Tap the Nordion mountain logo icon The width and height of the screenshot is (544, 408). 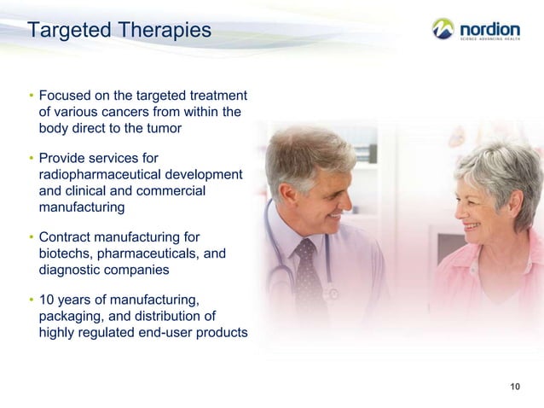point(443,29)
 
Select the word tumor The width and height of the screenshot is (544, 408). point(164,129)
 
